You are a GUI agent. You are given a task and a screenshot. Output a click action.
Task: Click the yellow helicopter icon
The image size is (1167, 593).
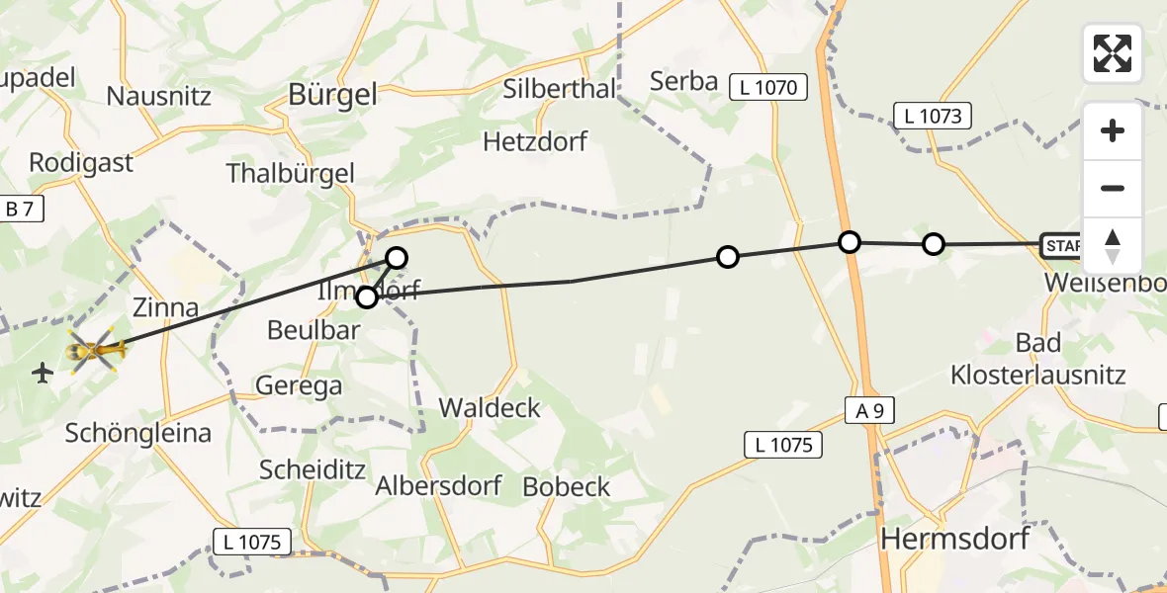point(96,350)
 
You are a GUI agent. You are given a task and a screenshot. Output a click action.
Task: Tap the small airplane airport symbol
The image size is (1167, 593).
point(43,374)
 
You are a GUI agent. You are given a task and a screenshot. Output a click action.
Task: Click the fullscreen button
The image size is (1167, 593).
point(1113,53)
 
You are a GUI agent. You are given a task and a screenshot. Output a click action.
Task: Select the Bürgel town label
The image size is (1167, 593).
point(332,94)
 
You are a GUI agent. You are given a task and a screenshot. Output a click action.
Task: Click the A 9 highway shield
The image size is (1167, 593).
point(870,411)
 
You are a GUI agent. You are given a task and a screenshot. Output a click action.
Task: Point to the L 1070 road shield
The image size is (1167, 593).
point(768,87)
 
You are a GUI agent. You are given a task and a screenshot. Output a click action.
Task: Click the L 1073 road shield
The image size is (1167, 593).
point(932,116)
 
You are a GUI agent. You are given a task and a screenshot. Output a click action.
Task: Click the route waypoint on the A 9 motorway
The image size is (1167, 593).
point(849,241)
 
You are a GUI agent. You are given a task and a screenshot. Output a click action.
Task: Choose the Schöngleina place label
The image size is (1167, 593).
point(137,433)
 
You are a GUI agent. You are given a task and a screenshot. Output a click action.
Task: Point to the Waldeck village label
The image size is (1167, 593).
point(490,407)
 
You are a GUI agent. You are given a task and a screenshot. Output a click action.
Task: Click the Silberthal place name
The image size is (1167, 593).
point(559,88)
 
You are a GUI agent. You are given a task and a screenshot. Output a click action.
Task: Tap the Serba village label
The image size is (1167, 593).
point(683,81)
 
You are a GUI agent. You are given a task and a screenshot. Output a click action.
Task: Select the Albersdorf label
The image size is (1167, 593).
point(438,486)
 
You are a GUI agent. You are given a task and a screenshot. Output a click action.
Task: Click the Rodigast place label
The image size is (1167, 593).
point(81,163)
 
